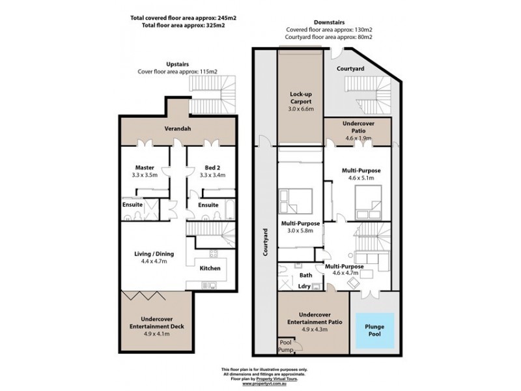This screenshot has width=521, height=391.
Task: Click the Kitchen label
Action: [x=209, y=268]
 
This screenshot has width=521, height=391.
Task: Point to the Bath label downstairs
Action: [x=306, y=276]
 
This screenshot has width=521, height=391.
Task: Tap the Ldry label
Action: [x=305, y=285]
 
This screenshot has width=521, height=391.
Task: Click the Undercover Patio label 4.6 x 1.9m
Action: [x=358, y=128]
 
